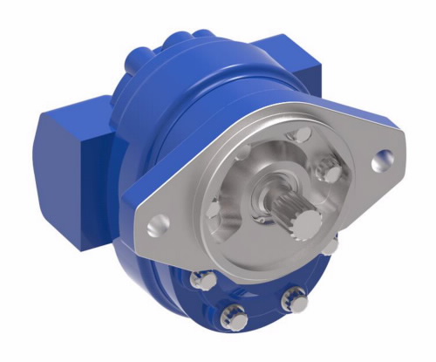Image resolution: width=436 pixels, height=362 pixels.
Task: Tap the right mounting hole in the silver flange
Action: pos(380,160)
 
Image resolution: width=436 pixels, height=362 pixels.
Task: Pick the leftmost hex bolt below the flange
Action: pos(203,278)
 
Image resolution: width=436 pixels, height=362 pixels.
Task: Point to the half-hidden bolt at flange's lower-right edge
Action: pos(330,247)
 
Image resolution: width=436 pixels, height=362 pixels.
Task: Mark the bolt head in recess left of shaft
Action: pos(214,209)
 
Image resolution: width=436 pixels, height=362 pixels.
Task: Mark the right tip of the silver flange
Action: pos(396,157)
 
